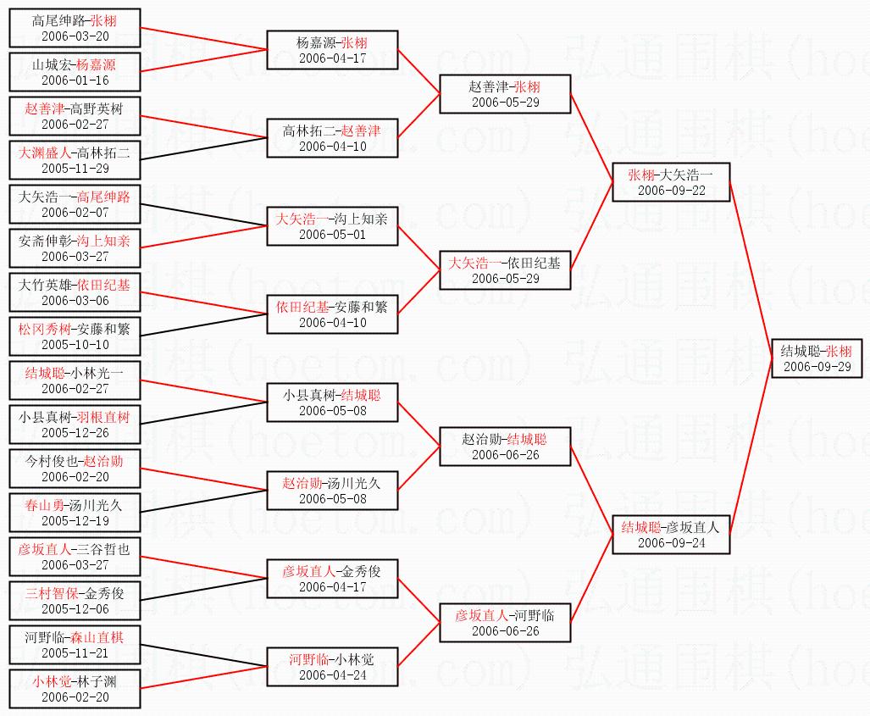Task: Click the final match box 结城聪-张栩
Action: pos(817,358)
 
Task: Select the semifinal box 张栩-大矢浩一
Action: pos(671,182)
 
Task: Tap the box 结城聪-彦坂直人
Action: pos(671,535)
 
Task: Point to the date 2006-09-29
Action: pos(817,367)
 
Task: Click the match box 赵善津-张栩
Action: pos(505,94)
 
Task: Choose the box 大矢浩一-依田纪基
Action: pos(505,270)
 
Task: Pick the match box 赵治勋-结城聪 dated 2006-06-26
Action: pos(505,447)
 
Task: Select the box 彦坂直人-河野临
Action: pos(505,623)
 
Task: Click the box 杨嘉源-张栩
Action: pos(332,50)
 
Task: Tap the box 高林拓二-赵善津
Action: pos(332,138)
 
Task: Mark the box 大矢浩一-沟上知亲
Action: pos(332,226)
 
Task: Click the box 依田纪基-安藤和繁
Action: pos(332,314)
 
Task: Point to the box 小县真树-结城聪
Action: pos(332,402)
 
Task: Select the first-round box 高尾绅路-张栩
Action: pos(75,28)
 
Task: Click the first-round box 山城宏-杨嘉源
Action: pos(75,72)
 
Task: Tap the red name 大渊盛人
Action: pos(46,153)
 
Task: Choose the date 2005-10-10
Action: pos(75,345)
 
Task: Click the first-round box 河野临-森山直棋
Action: pos(75,645)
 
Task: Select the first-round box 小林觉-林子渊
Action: pos(75,689)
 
